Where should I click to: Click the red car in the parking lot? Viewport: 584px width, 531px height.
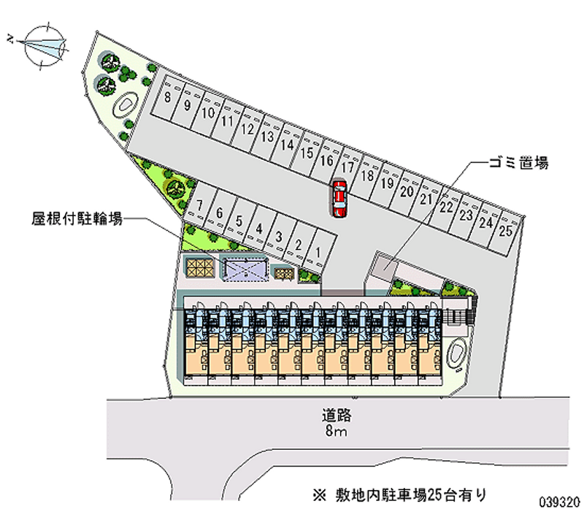tap(339, 199)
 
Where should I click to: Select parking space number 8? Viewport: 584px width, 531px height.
tap(168, 97)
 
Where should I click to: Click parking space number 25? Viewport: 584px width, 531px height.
tap(505, 231)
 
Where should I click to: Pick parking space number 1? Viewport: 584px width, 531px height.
tap(318, 253)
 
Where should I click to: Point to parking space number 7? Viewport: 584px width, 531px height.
tap(199, 205)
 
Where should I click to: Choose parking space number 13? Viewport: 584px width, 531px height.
tap(267, 137)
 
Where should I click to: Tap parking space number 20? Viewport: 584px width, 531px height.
tap(407, 191)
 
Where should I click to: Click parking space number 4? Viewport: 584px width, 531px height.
tap(259, 229)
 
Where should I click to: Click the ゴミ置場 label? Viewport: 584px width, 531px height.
tap(518, 163)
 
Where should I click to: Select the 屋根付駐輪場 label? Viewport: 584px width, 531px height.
tap(77, 218)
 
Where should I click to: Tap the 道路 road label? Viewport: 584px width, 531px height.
tap(337, 415)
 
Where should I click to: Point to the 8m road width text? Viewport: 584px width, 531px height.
tap(337, 431)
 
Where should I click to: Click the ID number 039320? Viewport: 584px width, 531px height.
tap(559, 503)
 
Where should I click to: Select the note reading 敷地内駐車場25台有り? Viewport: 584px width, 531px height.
tap(399, 495)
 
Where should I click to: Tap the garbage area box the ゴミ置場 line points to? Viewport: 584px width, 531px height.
tap(385, 267)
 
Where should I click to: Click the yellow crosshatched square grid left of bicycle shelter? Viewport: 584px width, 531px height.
tap(200, 267)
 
